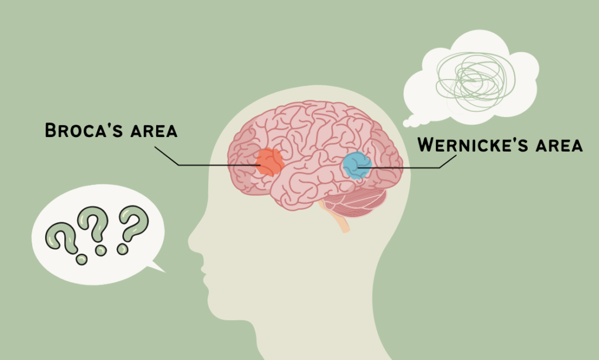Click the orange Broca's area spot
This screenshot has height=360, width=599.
270,162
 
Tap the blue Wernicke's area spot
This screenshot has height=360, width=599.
356,164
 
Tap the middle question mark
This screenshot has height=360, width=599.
94,226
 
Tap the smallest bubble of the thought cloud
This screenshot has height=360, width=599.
408,124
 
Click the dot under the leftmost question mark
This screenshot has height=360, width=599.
81,259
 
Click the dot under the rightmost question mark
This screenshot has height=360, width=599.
122,249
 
